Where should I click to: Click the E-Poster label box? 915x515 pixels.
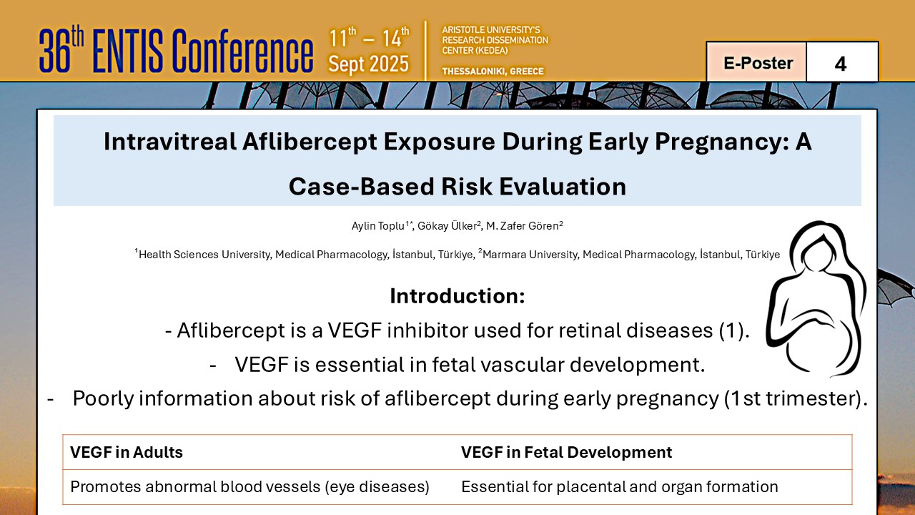click(756, 62)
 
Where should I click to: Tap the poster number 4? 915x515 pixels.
click(841, 64)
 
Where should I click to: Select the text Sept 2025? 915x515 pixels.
click(368, 64)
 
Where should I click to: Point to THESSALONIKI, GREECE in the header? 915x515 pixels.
click(493, 71)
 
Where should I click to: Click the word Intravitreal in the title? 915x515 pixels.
click(170, 142)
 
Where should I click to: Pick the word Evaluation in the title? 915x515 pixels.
click(563, 187)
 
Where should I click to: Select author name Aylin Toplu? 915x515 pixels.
click(378, 226)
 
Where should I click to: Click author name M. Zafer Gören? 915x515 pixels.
click(523, 226)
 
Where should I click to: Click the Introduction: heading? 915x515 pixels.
click(457, 295)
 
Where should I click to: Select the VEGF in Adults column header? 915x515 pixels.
click(127, 453)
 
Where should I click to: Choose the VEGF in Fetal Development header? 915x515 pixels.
click(567, 453)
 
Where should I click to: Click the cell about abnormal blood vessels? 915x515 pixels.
click(249, 487)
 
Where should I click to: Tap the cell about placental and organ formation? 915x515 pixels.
click(620, 487)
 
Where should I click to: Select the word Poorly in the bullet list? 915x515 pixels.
click(103, 398)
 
